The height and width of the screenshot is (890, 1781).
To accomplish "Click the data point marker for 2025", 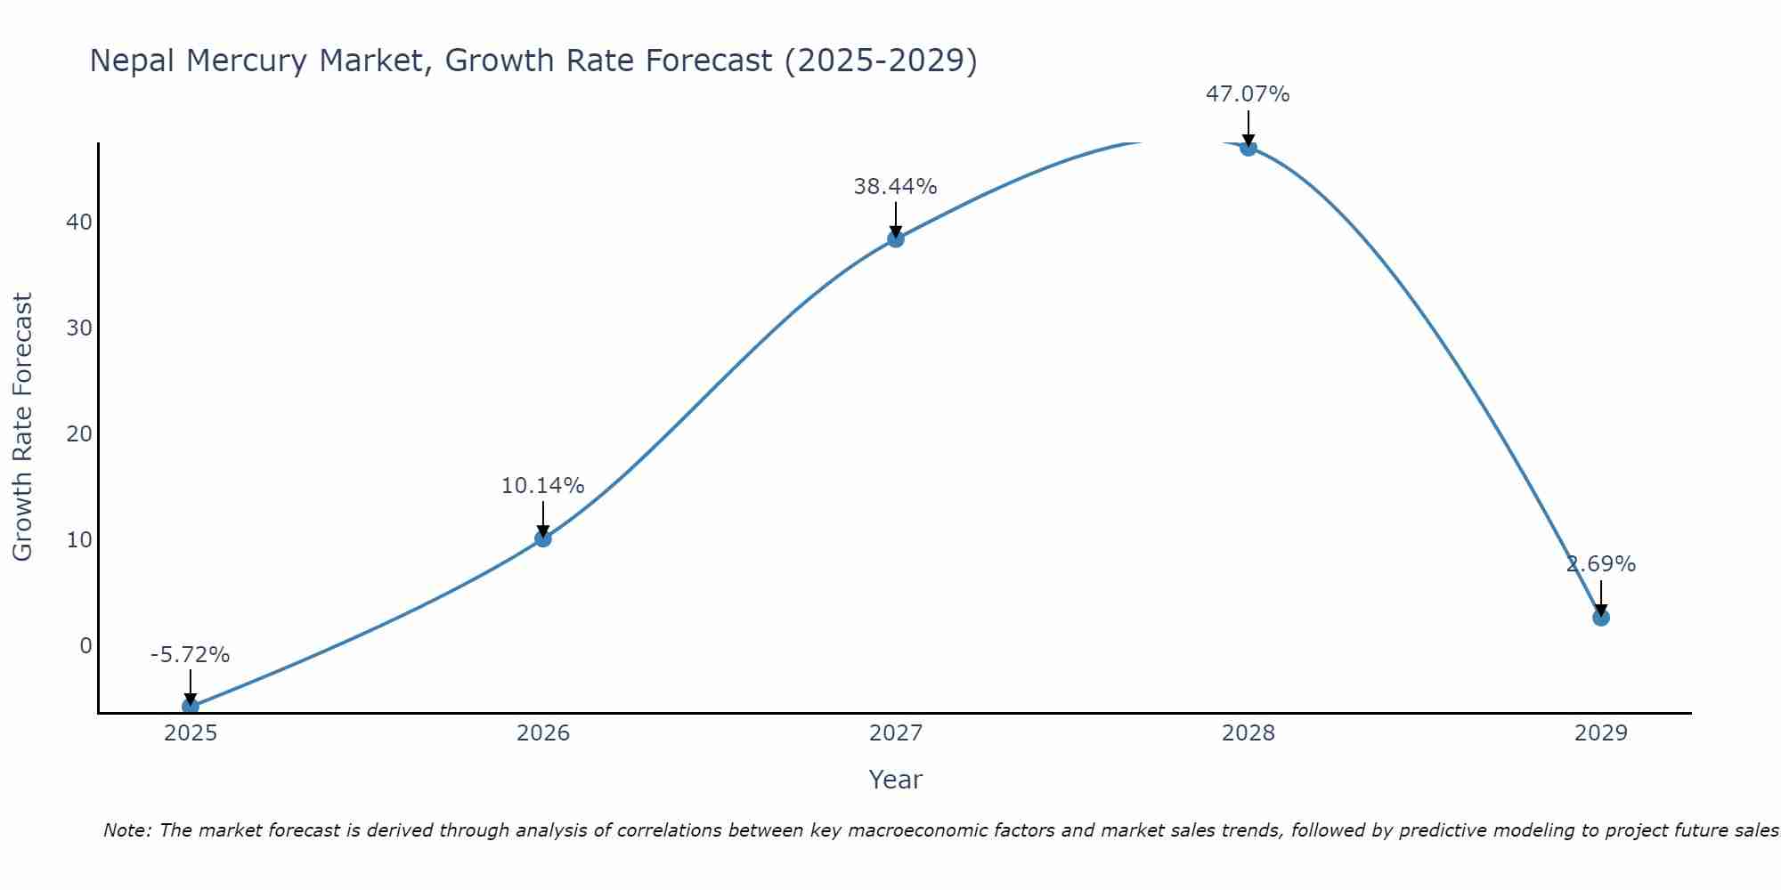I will [191, 706].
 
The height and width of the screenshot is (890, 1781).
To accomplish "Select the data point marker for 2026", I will [543, 538].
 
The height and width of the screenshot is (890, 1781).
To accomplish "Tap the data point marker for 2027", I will [896, 239].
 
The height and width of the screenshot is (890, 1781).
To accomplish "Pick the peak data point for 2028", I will [1248, 147].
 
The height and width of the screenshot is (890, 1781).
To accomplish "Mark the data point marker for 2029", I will [1601, 617].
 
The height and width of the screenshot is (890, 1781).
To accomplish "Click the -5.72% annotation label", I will [190, 655].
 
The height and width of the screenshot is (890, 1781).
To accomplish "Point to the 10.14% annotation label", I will [542, 486].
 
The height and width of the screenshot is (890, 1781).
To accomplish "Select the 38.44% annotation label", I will [895, 187].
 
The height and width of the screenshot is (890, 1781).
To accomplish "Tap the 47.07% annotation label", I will [1248, 94].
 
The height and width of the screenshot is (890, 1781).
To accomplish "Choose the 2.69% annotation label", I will [1601, 564].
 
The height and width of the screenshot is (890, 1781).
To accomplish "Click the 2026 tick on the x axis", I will [543, 733].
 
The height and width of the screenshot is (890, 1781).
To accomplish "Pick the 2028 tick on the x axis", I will [1248, 733].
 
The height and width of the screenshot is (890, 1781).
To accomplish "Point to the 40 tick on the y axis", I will [79, 222].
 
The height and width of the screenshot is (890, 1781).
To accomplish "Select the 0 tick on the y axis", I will [85, 645].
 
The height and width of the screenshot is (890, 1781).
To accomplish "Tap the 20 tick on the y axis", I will [79, 433].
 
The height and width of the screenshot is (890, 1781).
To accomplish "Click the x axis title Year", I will [895, 780].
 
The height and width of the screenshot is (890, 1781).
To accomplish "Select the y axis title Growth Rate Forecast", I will [22, 426].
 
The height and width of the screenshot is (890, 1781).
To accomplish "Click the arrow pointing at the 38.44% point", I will [896, 219].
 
